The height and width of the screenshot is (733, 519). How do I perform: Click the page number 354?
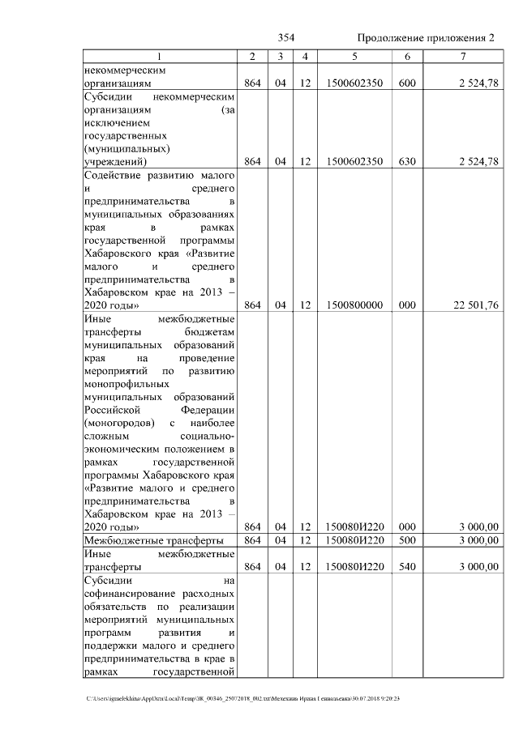(x=286, y=38)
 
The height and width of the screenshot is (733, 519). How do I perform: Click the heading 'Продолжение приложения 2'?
(x=426, y=38)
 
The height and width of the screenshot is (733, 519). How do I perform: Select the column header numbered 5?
(x=354, y=56)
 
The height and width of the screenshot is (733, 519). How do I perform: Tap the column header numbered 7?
(x=463, y=56)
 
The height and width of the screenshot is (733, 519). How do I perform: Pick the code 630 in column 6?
(x=407, y=161)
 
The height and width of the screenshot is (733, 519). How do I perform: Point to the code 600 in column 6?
(x=407, y=83)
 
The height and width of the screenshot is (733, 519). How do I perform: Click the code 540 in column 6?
(x=407, y=567)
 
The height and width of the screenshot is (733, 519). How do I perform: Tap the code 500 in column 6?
(x=407, y=540)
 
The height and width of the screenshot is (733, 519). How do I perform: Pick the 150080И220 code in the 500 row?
(x=354, y=540)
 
